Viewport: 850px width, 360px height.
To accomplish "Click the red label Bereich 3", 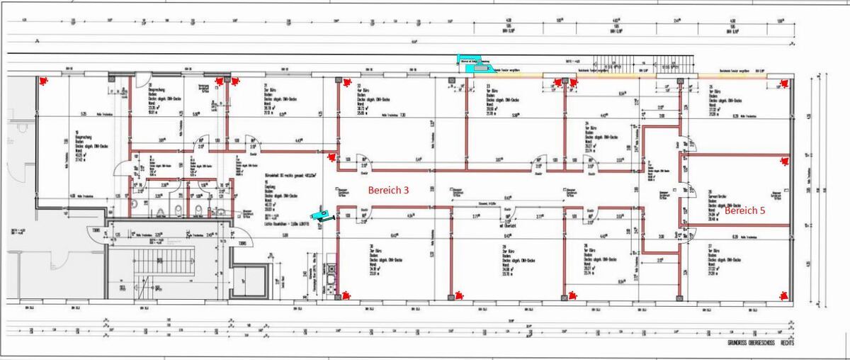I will click(x=388, y=191).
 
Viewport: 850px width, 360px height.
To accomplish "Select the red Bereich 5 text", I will click(x=744, y=210).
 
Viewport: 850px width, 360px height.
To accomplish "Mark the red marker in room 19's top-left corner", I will click(x=44, y=81).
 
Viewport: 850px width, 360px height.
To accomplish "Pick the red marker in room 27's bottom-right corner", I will click(x=784, y=295).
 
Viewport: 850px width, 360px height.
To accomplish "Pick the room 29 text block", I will click(x=492, y=259).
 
